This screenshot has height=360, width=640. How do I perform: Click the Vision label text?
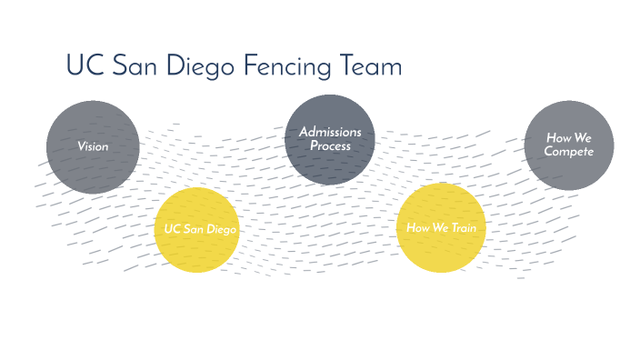click(x=93, y=145)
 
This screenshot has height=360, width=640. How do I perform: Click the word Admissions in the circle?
click(x=330, y=133)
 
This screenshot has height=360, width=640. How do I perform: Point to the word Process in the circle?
click(x=330, y=145)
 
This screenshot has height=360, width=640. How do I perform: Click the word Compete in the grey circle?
click(x=569, y=152)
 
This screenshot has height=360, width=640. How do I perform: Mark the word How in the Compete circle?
click(x=558, y=138)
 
